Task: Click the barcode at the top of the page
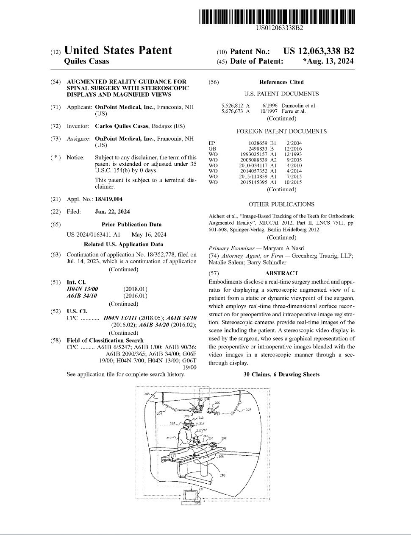click(x=278, y=17)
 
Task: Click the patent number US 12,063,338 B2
click(x=319, y=51)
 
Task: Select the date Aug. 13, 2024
click(x=330, y=61)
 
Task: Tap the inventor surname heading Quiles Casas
click(x=86, y=61)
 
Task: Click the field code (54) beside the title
click(x=56, y=81)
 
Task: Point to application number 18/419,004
click(x=109, y=199)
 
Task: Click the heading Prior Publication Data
click(x=131, y=224)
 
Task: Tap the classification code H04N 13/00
click(x=82, y=289)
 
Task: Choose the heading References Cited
click(x=281, y=82)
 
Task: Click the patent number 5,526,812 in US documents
click(x=232, y=106)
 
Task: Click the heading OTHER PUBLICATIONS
click(x=281, y=204)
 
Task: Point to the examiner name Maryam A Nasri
click(x=283, y=248)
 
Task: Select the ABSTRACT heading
click(x=281, y=273)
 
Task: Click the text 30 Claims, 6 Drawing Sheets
click(x=281, y=374)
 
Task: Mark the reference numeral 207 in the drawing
click(x=248, y=410)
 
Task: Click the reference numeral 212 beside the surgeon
click(x=169, y=437)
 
